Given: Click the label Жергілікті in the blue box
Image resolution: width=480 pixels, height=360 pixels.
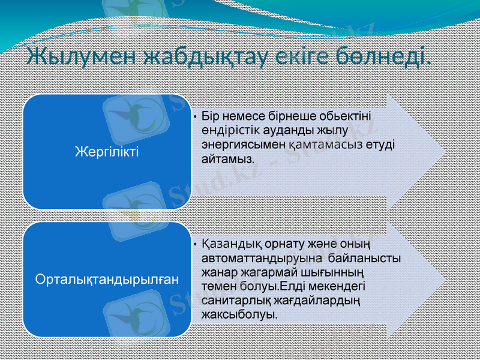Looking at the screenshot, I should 106,151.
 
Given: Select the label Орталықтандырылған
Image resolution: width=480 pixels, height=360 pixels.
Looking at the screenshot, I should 107,279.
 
